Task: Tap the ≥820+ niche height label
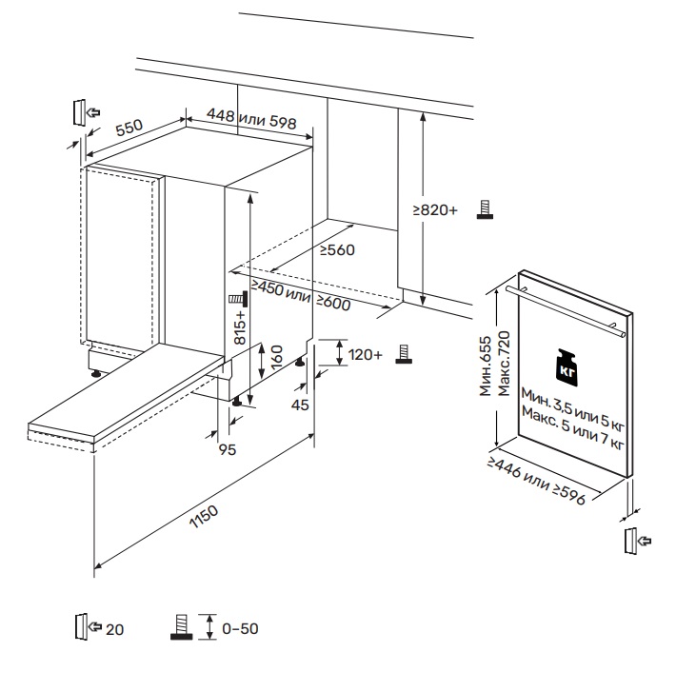coord(435,209)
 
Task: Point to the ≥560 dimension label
coord(336,250)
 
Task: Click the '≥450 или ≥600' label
coord(301,298)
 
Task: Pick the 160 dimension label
coord(276,358)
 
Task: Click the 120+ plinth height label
coord(367,354)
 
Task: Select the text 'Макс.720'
coord(505,363)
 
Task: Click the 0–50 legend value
coord(240,629)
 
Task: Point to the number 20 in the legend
coord(114,629)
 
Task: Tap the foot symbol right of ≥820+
coord(485,209)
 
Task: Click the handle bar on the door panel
coord(566,307)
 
